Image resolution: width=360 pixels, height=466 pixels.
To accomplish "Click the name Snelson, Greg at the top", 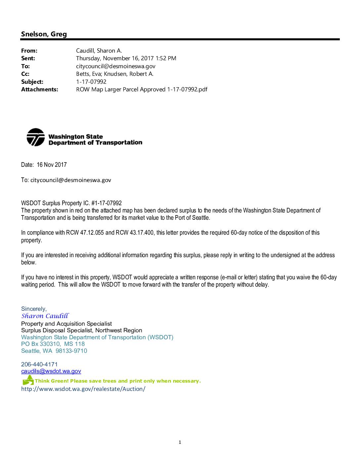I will pyautogui.click(x=44, y=34).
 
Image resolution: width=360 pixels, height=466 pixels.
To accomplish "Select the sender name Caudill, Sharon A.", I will pyautogui.click(x=99, y=51).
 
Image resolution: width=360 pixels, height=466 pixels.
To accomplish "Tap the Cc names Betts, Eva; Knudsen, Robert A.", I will pyautogui.click(x=114, y=74).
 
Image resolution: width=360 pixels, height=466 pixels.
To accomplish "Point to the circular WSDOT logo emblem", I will pyautogui.click(x=35, y=137).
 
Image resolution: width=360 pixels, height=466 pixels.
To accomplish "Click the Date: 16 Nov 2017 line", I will pyautogui.click(x=44, y=164).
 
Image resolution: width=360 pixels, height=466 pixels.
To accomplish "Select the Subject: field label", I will pyautogui.click(x=32, y=82).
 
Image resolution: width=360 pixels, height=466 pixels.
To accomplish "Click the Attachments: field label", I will pyautogui.click(x=39, y=89).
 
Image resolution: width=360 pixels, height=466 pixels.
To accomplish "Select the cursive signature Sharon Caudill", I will pyautogui.click(x=45, y=316).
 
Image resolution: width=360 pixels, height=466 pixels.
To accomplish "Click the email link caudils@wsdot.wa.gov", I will pyautogui.click(x=51, y=371).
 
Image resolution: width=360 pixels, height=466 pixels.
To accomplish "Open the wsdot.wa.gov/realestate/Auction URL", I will pyautogui.click(x=83, y=389).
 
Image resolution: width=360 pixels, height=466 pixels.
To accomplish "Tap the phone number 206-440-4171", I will pyautogui.click(x=39, y=364).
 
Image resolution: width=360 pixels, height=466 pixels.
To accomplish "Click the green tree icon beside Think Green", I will pyautogui.click(x=28, y=380).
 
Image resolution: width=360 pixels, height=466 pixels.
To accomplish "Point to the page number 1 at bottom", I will pyautogui.click(x=180, y=442).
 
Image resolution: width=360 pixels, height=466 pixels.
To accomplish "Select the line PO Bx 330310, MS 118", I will pyautogui.click(x=53, y=344).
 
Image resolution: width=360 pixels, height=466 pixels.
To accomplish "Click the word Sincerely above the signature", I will pyautogui.click(x=34, y=309).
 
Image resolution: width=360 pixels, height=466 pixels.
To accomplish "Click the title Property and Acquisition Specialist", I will pyautogui.click(x=67, y=324).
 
